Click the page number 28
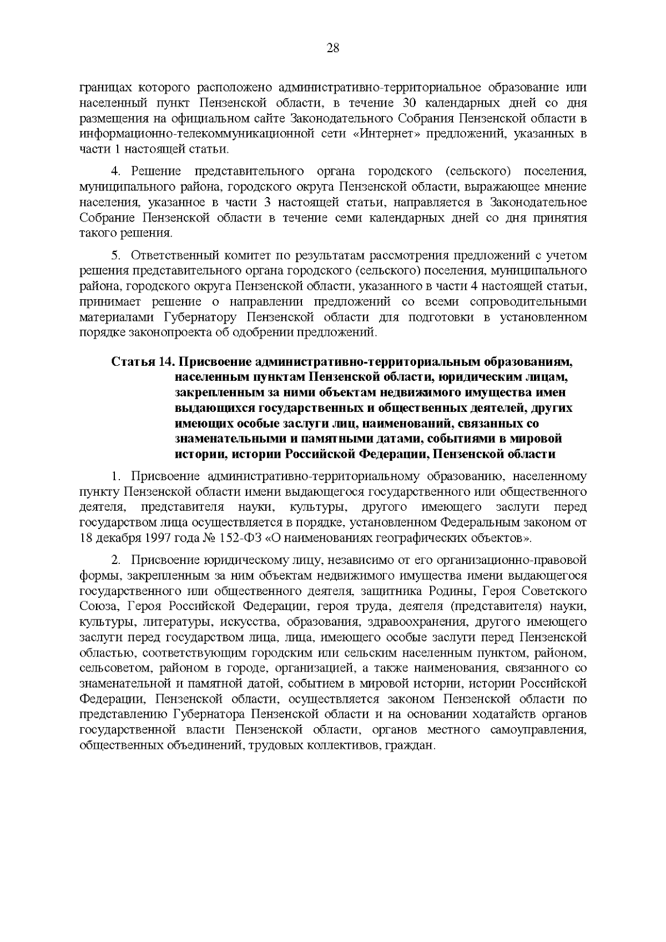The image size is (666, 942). point(333,48)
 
